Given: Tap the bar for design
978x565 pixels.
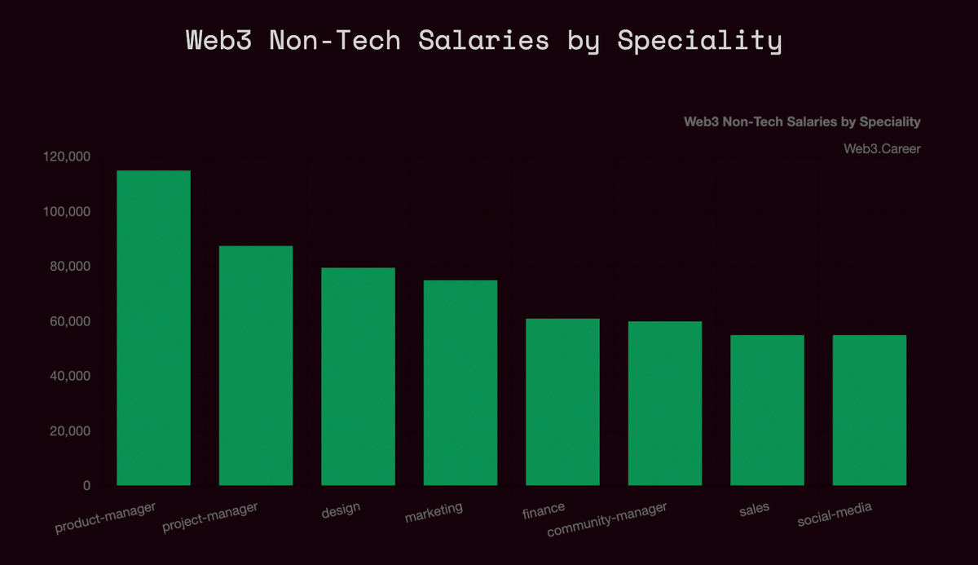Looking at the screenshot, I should click(x=358, y=376).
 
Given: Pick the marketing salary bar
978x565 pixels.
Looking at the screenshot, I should click(x=460, y=382).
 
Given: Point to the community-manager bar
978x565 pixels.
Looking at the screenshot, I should click(x=665, y=404).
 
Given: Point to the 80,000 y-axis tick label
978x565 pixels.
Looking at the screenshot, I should click(x=69, y=267).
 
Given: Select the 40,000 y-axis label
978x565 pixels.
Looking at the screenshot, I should click(x=69, y=376).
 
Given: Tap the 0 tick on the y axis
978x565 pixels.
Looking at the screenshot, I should click(x=86, y=486).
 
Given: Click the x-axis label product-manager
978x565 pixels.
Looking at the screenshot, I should click(x=105, y=519).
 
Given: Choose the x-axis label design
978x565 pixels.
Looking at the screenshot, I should click(x=341, y=511).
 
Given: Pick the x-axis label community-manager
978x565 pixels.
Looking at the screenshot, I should click(x=606, y=520).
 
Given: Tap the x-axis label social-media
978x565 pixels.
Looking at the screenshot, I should click(x=835, y=514).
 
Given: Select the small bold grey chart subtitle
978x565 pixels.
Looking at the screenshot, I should click(x=802, y=121).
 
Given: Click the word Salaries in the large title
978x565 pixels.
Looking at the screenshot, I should click(x=483, y=40).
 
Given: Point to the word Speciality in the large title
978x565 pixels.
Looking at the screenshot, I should click(x=699, y=40).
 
